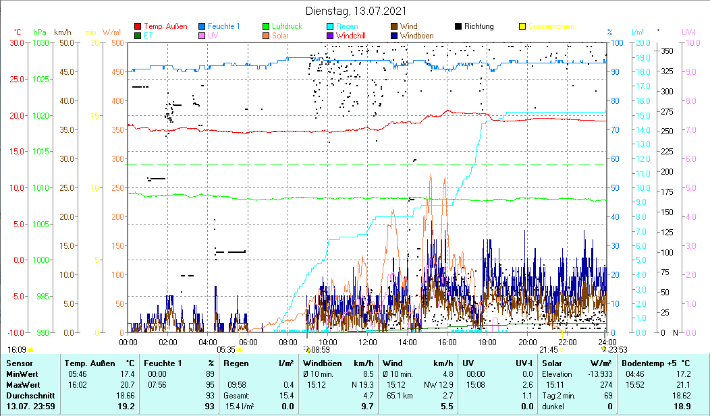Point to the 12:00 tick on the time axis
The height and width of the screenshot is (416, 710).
[x=367, y=342]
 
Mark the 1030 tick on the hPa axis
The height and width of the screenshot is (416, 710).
[x=40, y=42]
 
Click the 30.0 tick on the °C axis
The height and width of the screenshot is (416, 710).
[x=16, y=42]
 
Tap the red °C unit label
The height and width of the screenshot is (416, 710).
[x=17, y=32]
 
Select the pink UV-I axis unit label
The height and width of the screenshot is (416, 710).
[x=688, y=32]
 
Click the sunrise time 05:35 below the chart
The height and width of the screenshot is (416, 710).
[x=226, y=350]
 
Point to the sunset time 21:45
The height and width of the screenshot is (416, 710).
[x=549, y=350]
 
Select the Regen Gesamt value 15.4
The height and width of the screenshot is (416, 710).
[x=288, y=394]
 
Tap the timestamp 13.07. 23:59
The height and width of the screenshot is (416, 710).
[x=31, y=407]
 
